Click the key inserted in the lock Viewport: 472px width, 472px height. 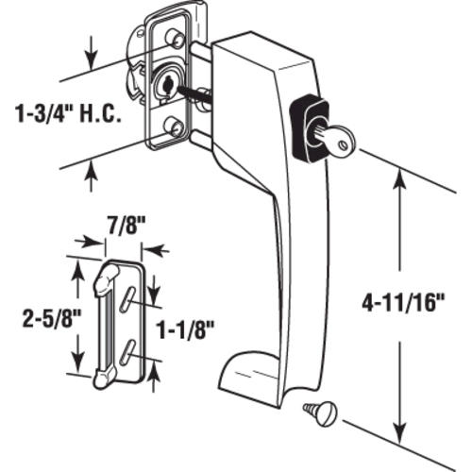335,140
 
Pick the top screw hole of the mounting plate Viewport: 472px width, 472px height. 175,38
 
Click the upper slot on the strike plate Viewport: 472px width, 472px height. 125,296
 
